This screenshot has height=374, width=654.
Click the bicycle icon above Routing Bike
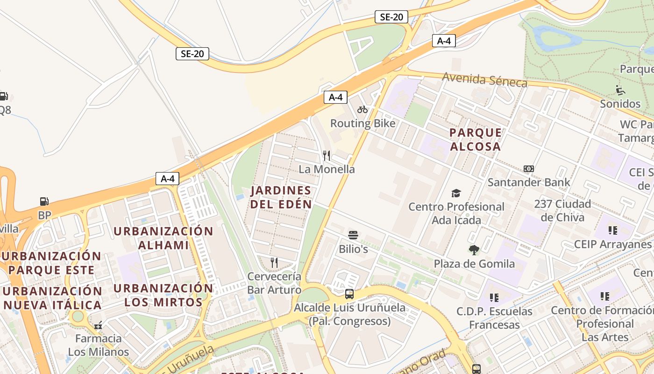pyautogui.click(x=363, y=110)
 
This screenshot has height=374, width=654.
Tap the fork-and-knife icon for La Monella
pyautogui.click(x=327, y=155)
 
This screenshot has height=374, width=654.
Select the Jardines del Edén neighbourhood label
pyautogui.click(x=281, y=197)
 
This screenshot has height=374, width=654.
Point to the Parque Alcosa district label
pyautogui.click(x=476, y=139)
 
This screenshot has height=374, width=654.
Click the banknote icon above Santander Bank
pyautogui.click(x=529, y=169)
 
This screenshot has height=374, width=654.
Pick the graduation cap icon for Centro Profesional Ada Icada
pyautogui.click(x=456, y=193)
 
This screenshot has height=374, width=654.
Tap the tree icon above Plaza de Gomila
pyautogui.click(x=474, y=250)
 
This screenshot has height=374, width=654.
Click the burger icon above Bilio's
pyautogui.click(x=353, y=235)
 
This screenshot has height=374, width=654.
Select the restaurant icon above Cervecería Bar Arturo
pyautogui.click(x=274, y=263)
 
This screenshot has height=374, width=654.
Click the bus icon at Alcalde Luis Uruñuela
pyautogui.click(x=349, y=294)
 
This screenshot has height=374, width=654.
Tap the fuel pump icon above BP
pyautogui.click(x=44, y=201)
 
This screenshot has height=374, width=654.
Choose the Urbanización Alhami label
pyautogui.click(x=163, y=238)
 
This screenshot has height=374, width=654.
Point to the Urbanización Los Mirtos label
pyautogui.click(x=163, y=295)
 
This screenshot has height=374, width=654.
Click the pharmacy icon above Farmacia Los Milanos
pyautogui.click(x=98, y=325)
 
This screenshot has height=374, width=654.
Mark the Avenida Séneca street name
pyautogui.click(x=484, y=80)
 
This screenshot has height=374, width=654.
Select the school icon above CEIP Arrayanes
pyautogui.click(x=612, y=230)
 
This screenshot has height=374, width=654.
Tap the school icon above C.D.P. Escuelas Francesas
pyautogui.click(x=494, y=297)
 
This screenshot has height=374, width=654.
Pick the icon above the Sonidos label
pyautogui.click(x=620, y=90)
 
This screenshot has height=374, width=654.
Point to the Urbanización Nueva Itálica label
pyautogui.click(x=52, y=298)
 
